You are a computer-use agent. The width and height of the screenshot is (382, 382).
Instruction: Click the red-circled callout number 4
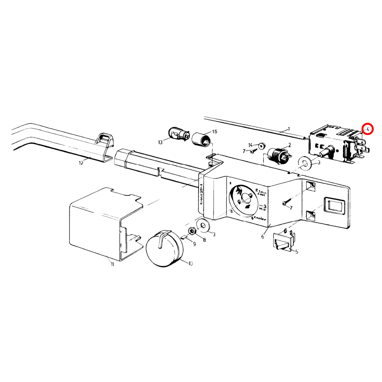pyautogui.click(x=367, y=129)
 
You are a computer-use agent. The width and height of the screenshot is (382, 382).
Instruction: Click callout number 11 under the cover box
pyautogui.click(x=112, y=264)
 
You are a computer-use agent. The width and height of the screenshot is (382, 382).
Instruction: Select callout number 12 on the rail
pyautogui.click(x=81, y=163)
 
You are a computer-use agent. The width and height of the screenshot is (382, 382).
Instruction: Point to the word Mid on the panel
pyautogui.click(x=262, y=209)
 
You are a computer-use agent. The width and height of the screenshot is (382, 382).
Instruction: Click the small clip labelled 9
pyautogui.click(x=184, y=237)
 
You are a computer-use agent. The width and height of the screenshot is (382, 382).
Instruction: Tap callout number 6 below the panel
pyautogui.click(x=263, y=237)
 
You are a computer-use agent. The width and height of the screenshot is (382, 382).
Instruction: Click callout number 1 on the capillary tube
pyautogui.click(x=289, y=129)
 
